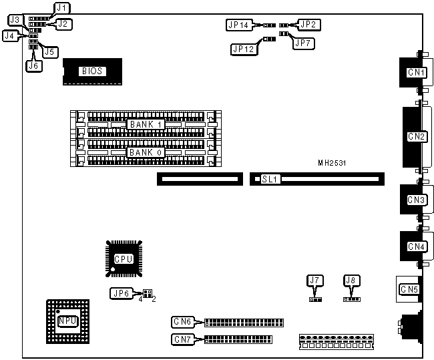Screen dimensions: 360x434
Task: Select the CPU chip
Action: pyautogui.click(x=124, y=258)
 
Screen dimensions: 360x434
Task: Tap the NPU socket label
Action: pyautogui.click(x=67, y=321)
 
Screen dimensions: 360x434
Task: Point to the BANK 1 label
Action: pyautogui.click(x=146, y=124)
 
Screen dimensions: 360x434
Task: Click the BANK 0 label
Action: pyautogui.click(x=146, y=152)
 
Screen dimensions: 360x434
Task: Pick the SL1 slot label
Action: pyautogui.click(x=270, y=179)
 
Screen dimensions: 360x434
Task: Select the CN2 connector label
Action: pyautogui.click(x=417, y=137)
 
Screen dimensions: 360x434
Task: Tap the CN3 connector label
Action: pyautogui.click(x=417, y=200)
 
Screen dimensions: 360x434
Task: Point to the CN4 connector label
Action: pyautogui.click(x=417, y=246)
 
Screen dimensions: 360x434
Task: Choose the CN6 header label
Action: pyautogui.click(x=182, y=322)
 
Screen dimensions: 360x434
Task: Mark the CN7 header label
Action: pyautogui.click(x=182, y=339)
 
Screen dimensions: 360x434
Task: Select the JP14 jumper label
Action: pyautogui.click(x=238, y=25)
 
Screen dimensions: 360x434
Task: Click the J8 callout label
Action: pyautogui.click(x=350, y=279)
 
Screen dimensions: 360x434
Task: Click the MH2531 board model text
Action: pyautogui.click(x=332, y=162)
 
